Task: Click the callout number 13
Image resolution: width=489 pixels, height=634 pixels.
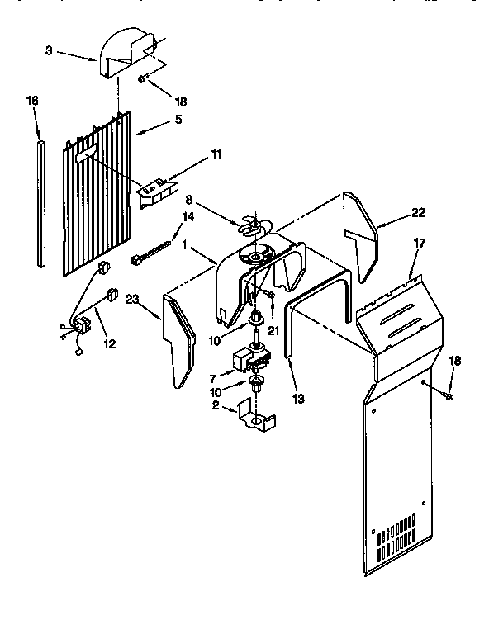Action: pos(299,398)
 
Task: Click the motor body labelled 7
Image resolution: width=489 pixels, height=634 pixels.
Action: pos(248,359)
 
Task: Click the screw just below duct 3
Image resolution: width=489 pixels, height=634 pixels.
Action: pos(144,78)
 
